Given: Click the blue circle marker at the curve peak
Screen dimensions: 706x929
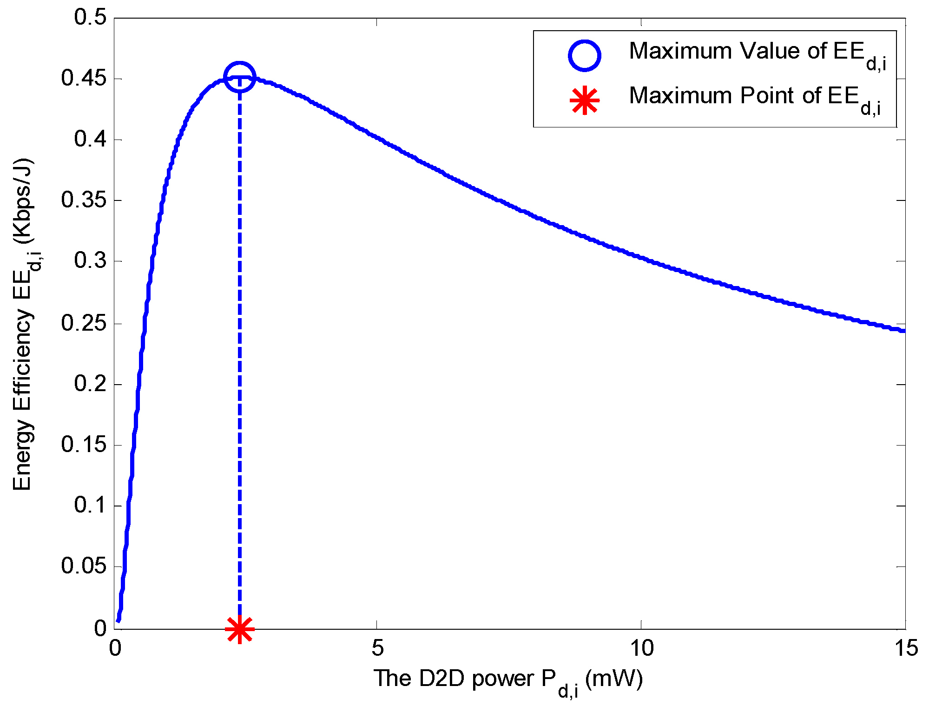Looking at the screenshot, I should click(239, 77).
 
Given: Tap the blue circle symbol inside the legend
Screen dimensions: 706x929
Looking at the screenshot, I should click(585, 55).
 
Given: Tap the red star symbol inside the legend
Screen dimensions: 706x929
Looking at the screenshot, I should click(585, 100).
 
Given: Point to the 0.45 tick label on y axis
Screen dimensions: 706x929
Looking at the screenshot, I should click(84, 78).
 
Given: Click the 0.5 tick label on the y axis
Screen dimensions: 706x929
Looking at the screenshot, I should click(90, 18).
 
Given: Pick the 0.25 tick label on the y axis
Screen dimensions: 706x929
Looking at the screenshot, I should click(84, 323).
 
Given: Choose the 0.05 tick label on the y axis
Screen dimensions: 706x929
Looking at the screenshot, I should click(84, 566).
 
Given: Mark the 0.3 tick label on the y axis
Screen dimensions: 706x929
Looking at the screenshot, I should click(90, 261).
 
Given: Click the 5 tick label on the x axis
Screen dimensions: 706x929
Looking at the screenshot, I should click(378, 648).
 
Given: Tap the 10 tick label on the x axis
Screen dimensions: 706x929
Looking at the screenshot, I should click(641, 648).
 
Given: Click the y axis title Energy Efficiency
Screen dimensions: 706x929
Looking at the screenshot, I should click(22, 326).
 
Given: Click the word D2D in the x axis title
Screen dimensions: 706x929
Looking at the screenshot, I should click(441, 679).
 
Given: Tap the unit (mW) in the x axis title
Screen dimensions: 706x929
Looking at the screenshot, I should click(614, 679).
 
